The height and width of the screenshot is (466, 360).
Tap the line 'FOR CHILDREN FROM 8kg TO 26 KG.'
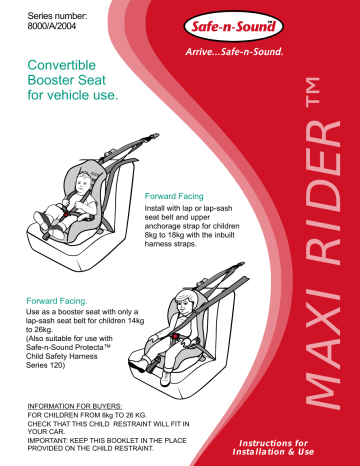click(87, 418)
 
